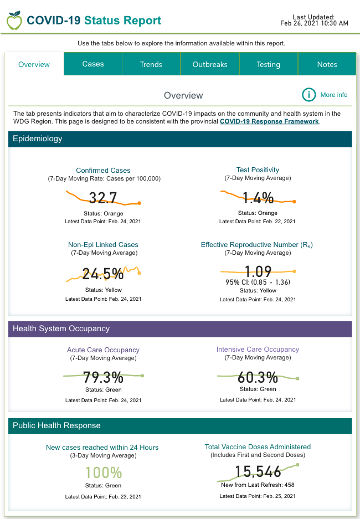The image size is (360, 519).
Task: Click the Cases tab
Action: (x=93, y=64)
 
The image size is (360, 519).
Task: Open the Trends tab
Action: (x=151, y=64)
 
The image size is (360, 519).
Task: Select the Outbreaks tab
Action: (x=210, y=64)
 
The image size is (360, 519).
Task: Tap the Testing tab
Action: (x=268, y=64)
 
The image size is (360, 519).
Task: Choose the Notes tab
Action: (x=327, y=64)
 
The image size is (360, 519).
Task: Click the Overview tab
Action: (x=34, y=64)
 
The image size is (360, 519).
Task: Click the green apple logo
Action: (x=14, y=20)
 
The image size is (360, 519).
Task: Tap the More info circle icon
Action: (x=309, y=95)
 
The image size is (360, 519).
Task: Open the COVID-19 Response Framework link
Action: (x=269, y=121)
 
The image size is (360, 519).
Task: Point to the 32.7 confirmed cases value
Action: (x=103, y=198)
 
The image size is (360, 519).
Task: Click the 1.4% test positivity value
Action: (x=258, y=198)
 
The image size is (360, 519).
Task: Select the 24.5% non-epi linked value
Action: (x=103, y=273)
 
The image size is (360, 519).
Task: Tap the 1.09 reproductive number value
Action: (x=258, y=271)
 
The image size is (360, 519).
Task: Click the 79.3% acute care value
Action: (x=103, y=378)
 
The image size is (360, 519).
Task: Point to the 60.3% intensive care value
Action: (x=258, y=378)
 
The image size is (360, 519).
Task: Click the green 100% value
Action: (x=103, y=472)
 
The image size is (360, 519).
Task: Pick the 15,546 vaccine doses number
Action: (x=258, y=471)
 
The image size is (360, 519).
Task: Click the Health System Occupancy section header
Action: (x=180, y=328)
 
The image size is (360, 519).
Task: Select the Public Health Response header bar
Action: (x=180, y=425)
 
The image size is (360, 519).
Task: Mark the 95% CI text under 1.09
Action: (x=258, y=282)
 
